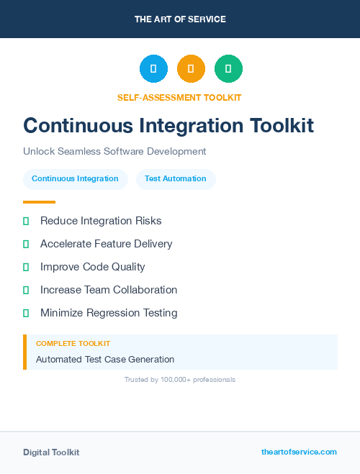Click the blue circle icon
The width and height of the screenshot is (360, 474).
pyautogui.click(x=153, y=68)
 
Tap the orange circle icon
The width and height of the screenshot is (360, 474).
pyautogui.click(x=191, y=68)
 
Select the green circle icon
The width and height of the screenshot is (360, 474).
pyautogui.click(x=228, y=68)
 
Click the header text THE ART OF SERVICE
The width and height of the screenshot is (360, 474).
pyautogui.click(x=180, y=19)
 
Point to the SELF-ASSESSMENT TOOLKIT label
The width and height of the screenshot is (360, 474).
pyautogui.click(x=179, y=97)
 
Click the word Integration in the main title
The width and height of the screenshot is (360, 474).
pyautogui.click(x=192, y=126)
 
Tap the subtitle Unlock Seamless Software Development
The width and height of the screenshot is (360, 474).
pyautogui.click(x=114, y=152)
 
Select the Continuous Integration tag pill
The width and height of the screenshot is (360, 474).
pyautogui.click(x=75, y=179)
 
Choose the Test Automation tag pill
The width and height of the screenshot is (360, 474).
pyautogui.click(x=176, y=179)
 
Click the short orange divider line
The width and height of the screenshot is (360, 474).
pyautogui.click(x=39, y=202)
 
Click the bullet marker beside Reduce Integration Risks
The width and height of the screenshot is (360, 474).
pyautogui.click(x=26, y=221)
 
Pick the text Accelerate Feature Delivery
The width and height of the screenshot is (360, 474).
pyautogui.click(x=106, y=244)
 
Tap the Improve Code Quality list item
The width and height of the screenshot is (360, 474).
pyautogui.click(x=92, y=267)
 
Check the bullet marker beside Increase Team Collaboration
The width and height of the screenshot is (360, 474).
pyautogui.click(x=26, y=290)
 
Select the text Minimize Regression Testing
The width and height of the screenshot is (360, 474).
pyautogui.click(x=108, y=313)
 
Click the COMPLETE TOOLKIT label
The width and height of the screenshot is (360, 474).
pyautogui.click(x=73, y=344)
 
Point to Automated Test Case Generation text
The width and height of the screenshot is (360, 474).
pyautogui.click(x=105, y=359)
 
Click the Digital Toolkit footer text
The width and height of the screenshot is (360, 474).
pyautogui.click(x=51, y=452)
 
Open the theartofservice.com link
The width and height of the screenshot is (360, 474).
pyautogui.click(x=299, y=452)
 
